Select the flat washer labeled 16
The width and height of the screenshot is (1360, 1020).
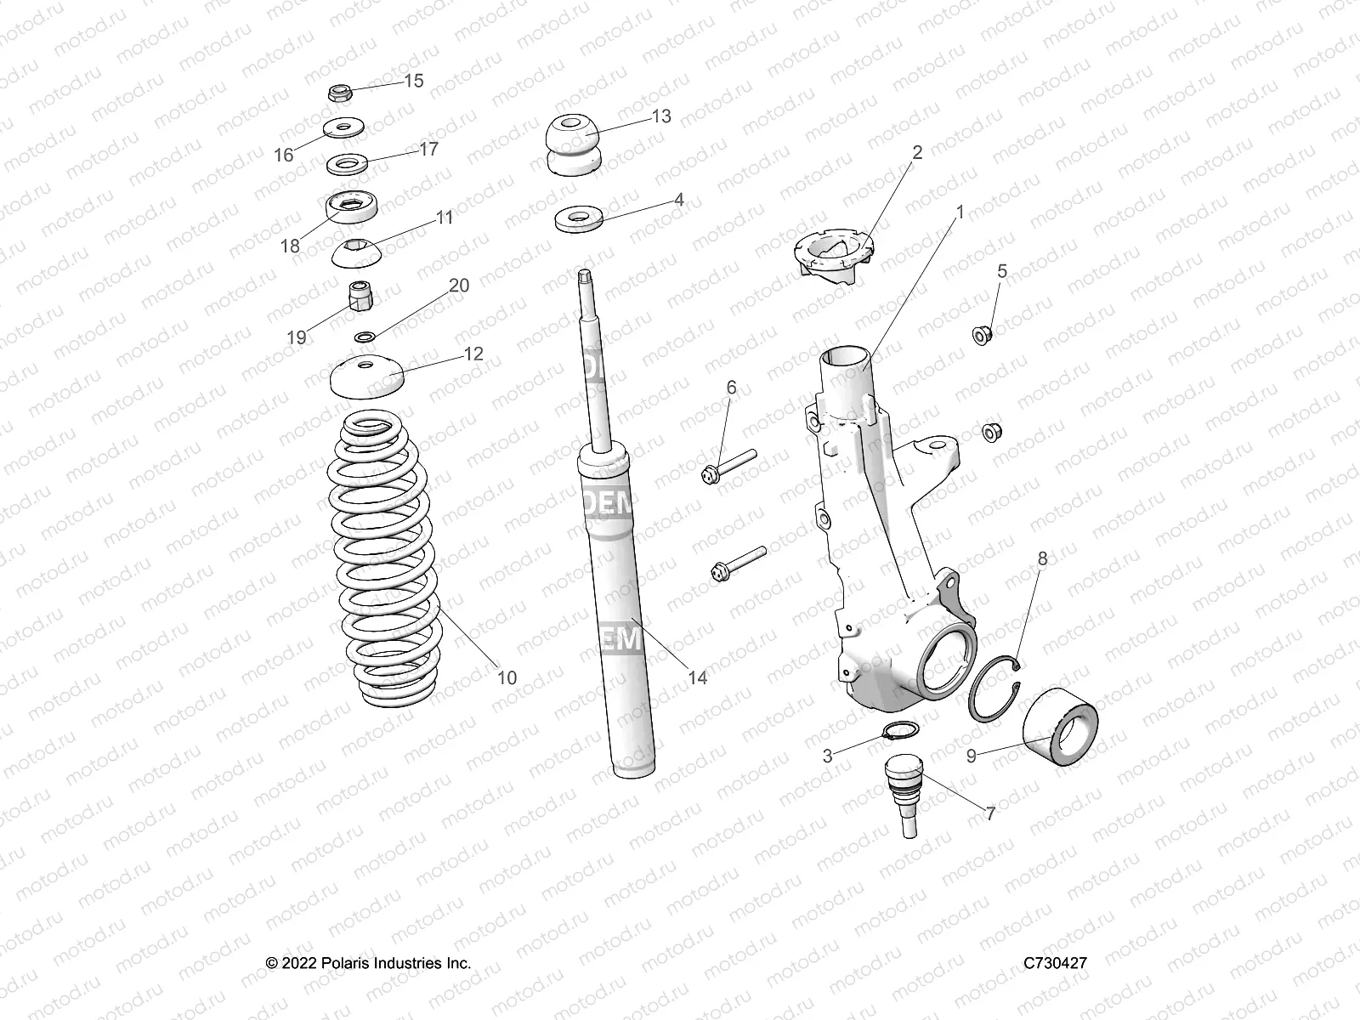click(343, 130)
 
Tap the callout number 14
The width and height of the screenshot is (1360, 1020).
click(697, 677)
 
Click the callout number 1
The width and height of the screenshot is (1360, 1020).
click(960, 212)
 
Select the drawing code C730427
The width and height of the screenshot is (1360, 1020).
click(1055, 963)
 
